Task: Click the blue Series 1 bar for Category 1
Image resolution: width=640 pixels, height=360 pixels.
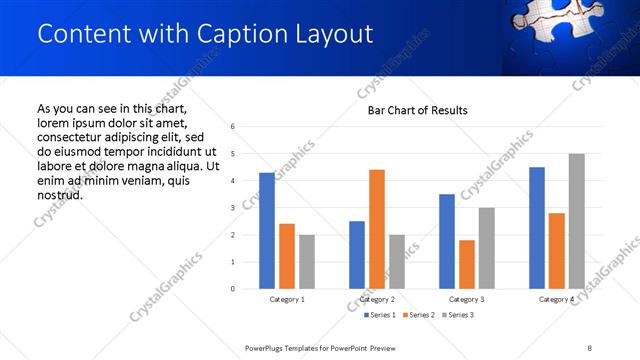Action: [266, 231]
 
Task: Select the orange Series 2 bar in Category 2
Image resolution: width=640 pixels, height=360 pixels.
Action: [376, 229]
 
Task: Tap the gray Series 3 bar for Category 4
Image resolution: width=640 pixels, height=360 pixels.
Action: [576, 221]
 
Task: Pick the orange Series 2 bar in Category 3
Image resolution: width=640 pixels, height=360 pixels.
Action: [466, 264]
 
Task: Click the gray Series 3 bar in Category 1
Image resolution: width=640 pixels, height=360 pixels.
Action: [306, 262]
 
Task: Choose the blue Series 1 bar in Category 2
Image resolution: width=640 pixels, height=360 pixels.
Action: [356, 255]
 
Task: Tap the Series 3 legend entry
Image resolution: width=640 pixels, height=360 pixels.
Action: [458, 315]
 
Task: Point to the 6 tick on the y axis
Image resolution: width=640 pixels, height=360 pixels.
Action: [232, 127]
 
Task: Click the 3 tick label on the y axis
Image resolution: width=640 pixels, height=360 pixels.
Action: [232, 208]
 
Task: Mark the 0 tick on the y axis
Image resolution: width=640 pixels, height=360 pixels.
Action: [232, 289]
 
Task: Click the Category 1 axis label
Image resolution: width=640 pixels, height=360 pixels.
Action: [287, 300]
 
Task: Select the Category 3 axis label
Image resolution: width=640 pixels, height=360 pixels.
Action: [467, 300]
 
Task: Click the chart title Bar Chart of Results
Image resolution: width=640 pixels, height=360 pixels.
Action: [418, 110]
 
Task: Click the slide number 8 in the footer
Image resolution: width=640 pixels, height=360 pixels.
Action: [590, 347]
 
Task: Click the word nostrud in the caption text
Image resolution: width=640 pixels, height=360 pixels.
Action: [60, 194]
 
